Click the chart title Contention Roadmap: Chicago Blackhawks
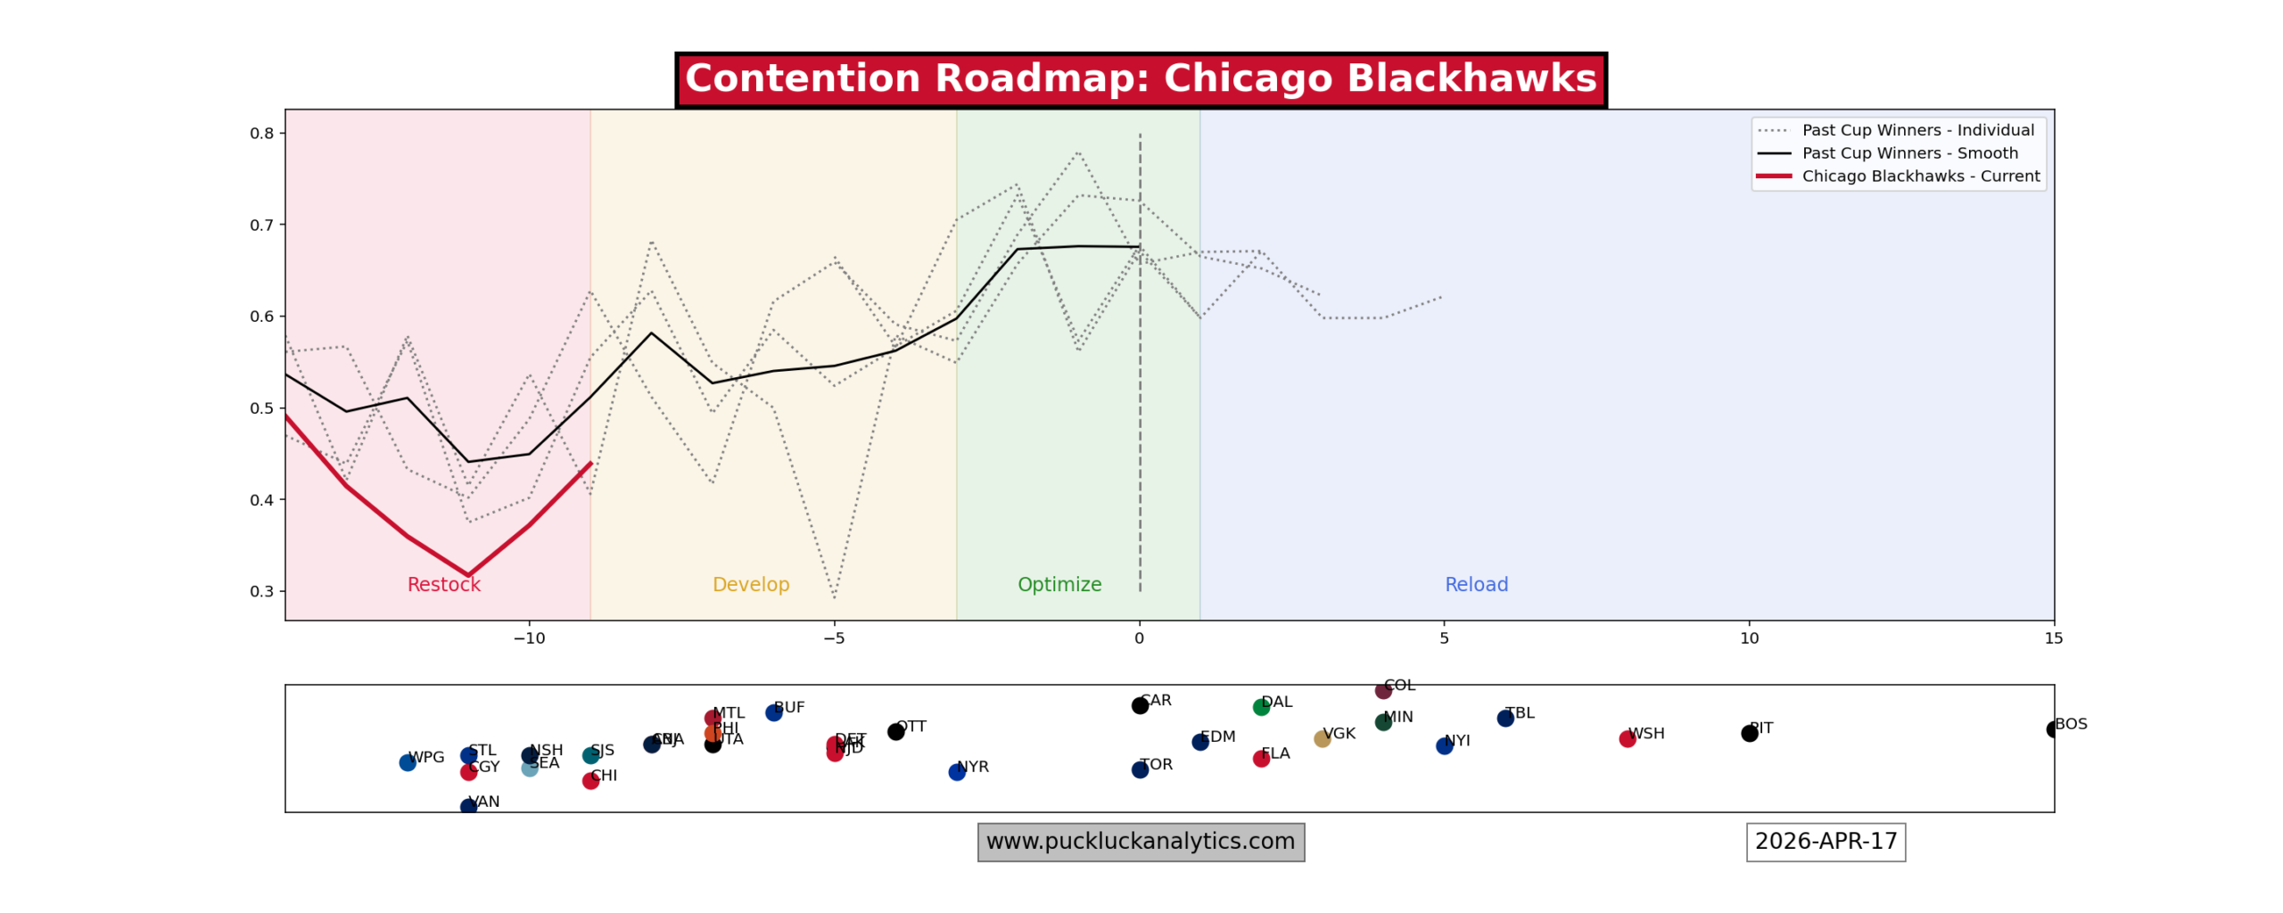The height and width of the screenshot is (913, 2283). [x=1140, y=79]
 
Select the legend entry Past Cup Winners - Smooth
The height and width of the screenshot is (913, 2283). [x=1908, y=153]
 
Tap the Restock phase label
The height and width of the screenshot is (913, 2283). [x=443, y=585]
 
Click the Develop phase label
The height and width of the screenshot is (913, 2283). [x=750, y=585]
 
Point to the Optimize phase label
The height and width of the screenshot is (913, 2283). [x=1059, y=585]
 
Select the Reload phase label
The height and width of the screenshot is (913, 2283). [x=1476, y=585]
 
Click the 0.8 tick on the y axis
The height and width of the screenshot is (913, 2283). [x=261, y=134]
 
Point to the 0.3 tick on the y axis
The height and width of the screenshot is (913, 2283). [x=261, y=591]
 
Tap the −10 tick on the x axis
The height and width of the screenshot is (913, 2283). [x=528, y=639]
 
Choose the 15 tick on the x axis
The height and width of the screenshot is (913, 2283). [x=2053, y=639]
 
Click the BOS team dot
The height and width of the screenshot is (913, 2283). [x=2053, y=729]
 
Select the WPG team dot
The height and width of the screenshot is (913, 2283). [x=408, y=762]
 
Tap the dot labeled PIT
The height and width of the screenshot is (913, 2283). [x=1749, y=733]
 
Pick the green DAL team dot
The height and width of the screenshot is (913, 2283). [x=1261, y=707]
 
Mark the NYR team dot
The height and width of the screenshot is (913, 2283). [x=957, y=772]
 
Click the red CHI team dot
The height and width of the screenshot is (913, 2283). [x=590, y=781]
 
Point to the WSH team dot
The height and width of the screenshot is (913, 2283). [x=1628, y=739]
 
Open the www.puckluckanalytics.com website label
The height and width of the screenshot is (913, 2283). [x=1141, y=843]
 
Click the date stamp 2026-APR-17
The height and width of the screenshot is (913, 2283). [x=1826, y=843]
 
